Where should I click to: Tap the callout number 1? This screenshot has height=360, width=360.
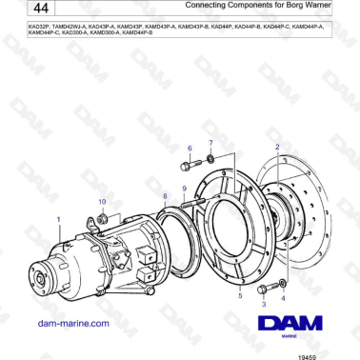[59, 219]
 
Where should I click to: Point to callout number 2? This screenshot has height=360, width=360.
[277, 147]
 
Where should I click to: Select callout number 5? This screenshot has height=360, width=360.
[239, 296]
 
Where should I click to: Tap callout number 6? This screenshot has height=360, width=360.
[189, 149]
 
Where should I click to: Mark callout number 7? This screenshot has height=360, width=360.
[211, 143]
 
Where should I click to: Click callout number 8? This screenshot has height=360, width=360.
[165, 195]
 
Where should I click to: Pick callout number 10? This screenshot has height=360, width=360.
[103, 202]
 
